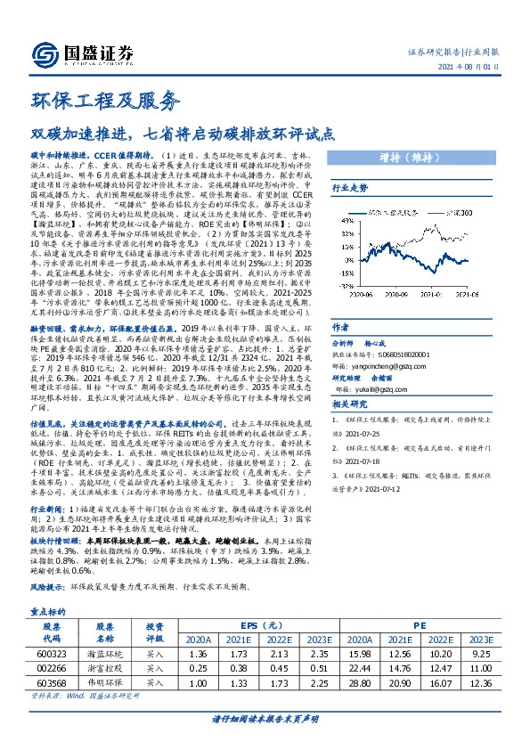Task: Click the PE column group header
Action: point(419,626)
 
